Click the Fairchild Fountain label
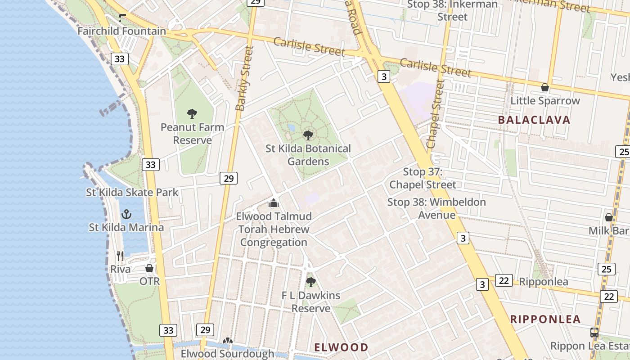(x=121, y=31)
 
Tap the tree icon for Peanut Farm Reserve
(x=192, y=113)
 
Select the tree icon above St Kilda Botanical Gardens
(x=308, y=135)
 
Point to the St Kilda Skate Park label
(x=132, y=193)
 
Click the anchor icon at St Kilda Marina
(x=126, y=214)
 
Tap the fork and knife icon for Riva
(x=120, y=256)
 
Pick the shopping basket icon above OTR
(x=149, y=268)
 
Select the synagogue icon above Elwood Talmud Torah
(x=274, y=203)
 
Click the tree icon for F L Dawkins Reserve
(x=310, y=282)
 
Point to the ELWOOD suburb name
(x=341, y=347)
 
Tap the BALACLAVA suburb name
(x=534, y=120)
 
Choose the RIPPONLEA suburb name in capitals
(x=545, y=319)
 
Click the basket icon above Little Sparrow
(x=545, y=87)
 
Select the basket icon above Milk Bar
(x=609, y=217)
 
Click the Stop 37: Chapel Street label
(x=423, y=178)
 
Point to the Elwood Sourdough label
(x=227, y=354)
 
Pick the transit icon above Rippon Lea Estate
(x=594, y=333)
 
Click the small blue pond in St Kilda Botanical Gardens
(x=292, y=128)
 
